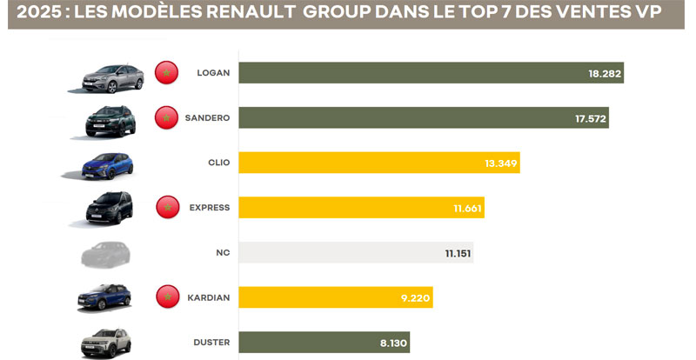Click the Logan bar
pos(431,73)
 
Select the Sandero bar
pos(423,118)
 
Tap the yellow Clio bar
pos(378,163)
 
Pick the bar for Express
pos(361,208)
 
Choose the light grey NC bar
pos(356,252)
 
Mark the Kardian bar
pos(335,297)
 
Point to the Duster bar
pos(324,343)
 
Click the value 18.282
pos(605,74)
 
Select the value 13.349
pos(501,163)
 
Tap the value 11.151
pos(455,253)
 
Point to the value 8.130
pos(391,343)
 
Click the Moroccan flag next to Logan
pos(166,73)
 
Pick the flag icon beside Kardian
pos(166,297)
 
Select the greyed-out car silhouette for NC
pos(104,253)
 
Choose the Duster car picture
pos(104,342)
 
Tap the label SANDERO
pos(207,118)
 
